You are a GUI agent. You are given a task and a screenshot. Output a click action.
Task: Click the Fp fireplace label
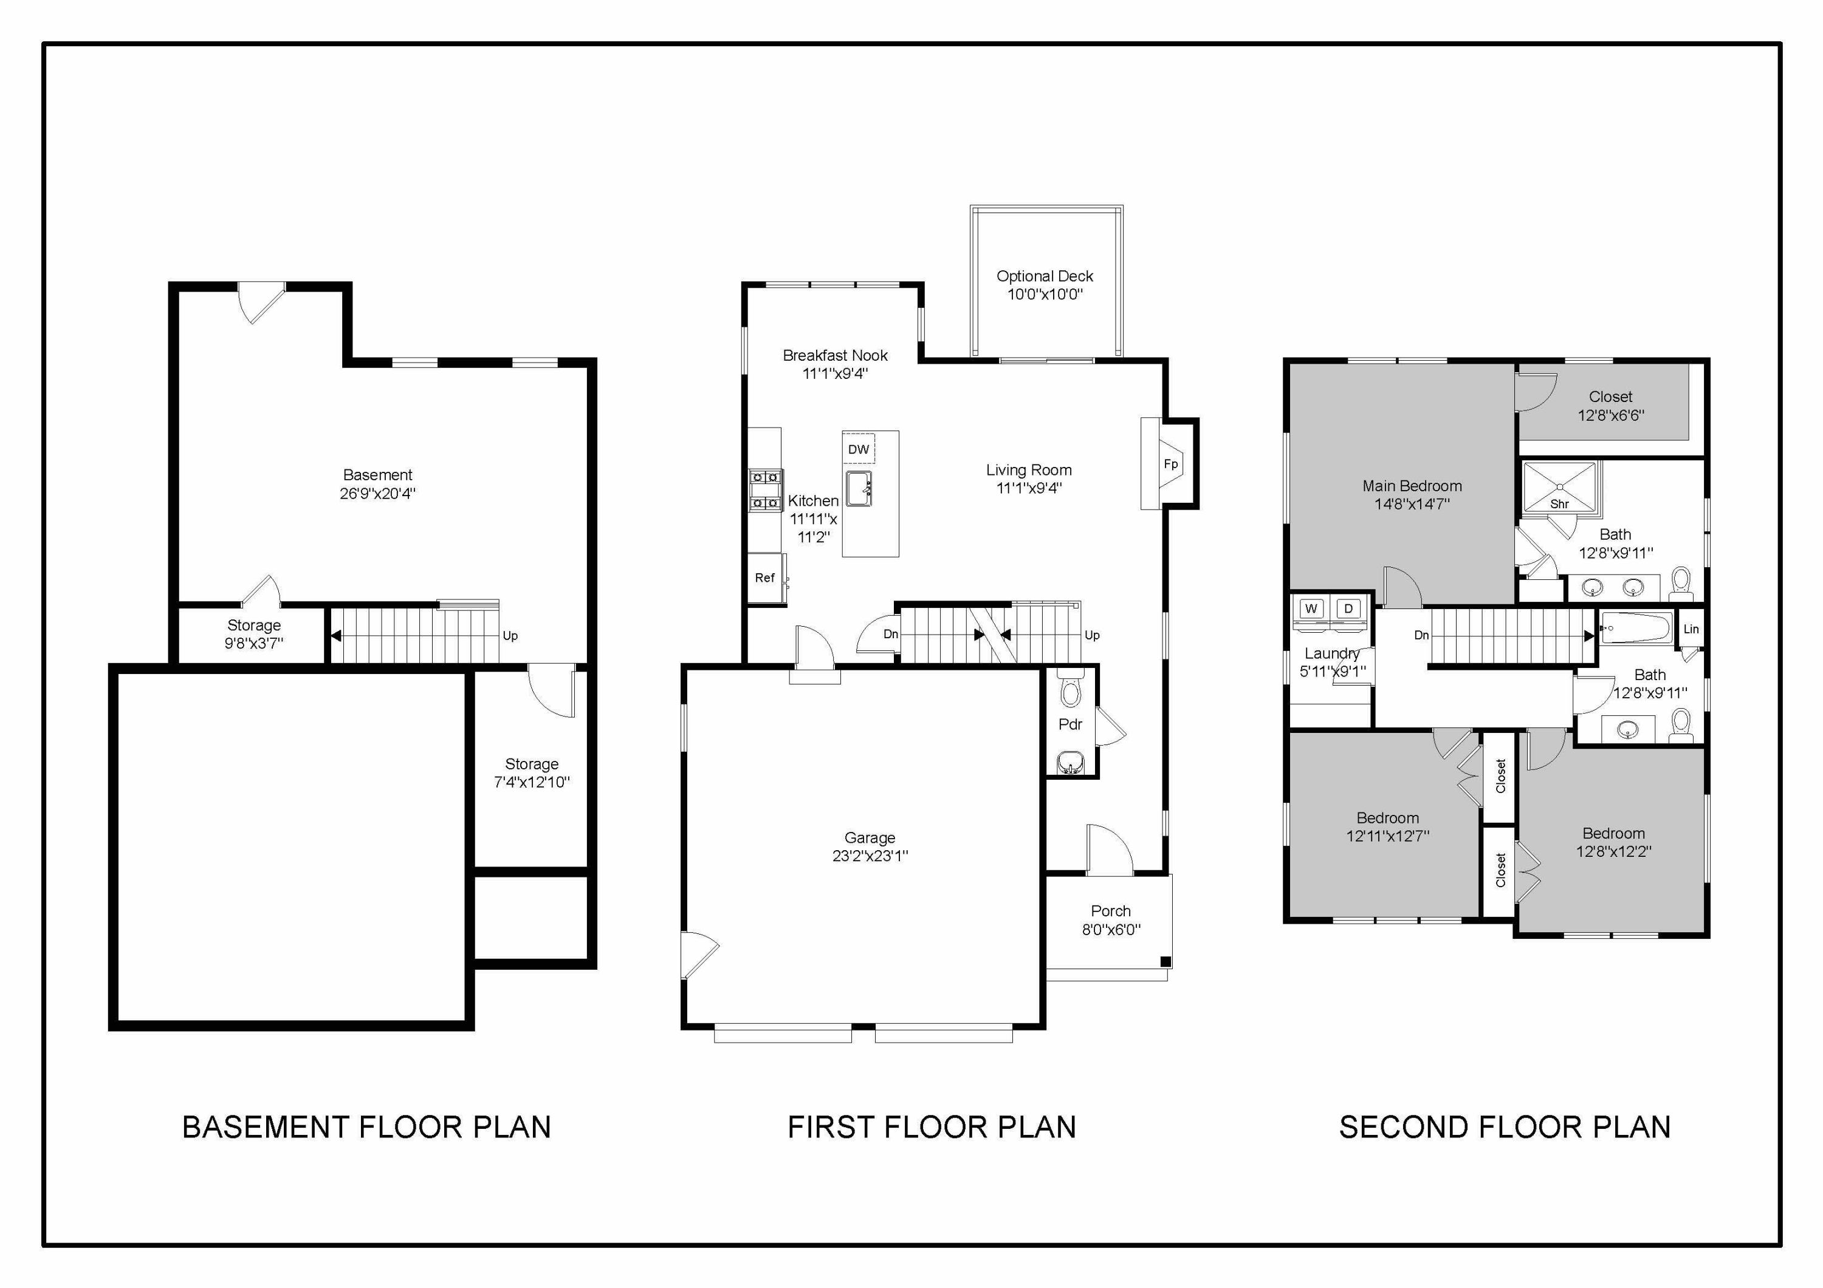(1170, 465)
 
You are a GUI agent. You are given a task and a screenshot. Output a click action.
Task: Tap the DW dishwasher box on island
(858, 449)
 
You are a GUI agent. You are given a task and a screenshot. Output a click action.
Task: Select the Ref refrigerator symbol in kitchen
(764, 578)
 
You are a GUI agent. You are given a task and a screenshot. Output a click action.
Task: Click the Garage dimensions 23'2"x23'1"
(870, 856)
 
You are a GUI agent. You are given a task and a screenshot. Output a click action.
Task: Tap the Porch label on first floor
(1110, 911)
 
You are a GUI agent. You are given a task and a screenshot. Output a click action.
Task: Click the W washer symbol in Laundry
(1311, 608)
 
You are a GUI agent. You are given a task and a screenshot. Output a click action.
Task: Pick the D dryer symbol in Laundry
(1348, 608)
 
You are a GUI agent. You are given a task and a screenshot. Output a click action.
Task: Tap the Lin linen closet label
(1691, 629)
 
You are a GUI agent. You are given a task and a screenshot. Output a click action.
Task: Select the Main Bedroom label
(1412, 486)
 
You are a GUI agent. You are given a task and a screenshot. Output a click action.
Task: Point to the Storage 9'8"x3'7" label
(253, 625)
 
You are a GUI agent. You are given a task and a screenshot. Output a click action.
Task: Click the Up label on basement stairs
(510, 636)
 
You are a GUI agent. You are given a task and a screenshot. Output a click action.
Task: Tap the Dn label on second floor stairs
(1421, 635)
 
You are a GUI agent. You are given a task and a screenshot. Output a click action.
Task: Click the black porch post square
(1166, 962)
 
